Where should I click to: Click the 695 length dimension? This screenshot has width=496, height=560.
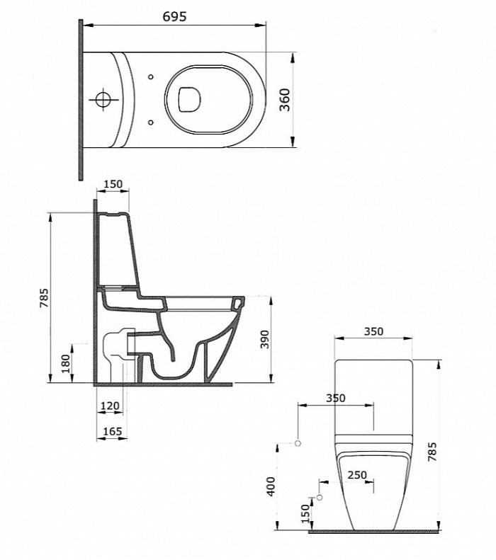175,16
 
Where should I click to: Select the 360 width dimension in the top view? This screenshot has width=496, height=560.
285,100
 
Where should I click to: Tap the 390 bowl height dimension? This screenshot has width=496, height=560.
264,339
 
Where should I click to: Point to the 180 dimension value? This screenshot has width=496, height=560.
66,363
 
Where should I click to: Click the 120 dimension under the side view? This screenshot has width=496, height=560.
110,406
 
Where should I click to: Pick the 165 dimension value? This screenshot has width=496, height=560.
112,431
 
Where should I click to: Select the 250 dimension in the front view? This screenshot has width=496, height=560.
357,474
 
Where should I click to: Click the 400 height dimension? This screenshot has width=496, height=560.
271,486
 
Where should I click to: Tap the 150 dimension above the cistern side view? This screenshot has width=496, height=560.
113,184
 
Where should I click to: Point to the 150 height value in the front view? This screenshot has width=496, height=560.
305,513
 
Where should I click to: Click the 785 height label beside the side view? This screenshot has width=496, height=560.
44,297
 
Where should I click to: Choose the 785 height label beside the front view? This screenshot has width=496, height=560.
432,452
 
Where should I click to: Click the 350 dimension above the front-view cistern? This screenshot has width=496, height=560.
373,331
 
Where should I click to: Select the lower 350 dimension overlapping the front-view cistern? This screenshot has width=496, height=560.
336,398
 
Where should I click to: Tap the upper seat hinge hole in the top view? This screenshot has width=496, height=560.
150,77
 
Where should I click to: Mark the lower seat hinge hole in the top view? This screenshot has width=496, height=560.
150,122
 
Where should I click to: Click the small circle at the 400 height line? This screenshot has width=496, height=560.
298,443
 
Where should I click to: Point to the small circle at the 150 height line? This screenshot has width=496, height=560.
320,497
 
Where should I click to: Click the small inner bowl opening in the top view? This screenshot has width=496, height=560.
189,100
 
